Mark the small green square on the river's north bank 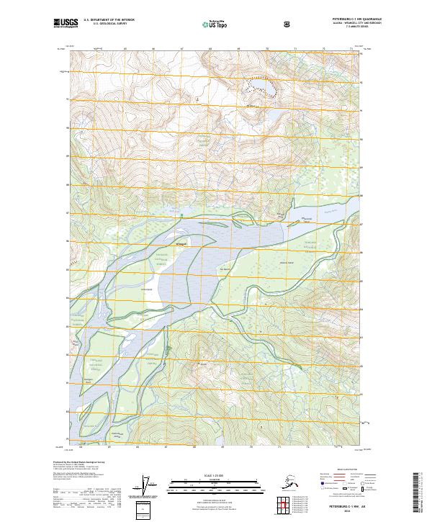[x=183, y=215]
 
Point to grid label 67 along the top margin [x=181, y=49]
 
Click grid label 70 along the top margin [x=267, y=49]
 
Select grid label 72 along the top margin [x=323, y=49]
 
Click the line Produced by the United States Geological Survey [x=79, y=462]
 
